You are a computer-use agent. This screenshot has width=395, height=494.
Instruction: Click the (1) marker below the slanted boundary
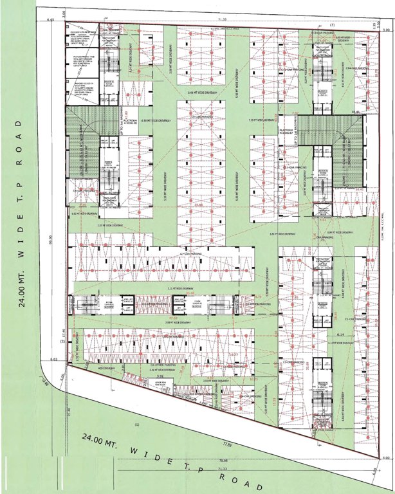tap(136, 426)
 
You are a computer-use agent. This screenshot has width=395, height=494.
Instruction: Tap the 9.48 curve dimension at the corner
tap(45, 383)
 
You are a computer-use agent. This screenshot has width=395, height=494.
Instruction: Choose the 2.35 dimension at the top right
tap(381, 24)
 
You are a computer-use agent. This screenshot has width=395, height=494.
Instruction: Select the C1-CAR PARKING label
tap(355, 318)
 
